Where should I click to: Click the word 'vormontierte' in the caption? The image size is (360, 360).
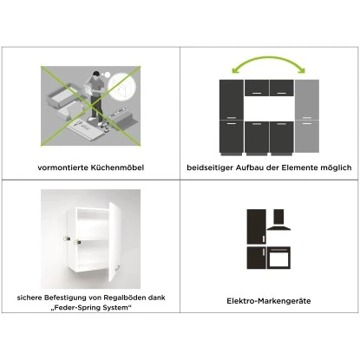[x=64, y=167]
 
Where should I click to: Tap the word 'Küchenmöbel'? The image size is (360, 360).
[x=118, y=167]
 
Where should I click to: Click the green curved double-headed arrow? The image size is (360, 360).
[x=268, y=65]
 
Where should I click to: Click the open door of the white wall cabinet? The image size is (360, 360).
[x=118, y=243]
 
